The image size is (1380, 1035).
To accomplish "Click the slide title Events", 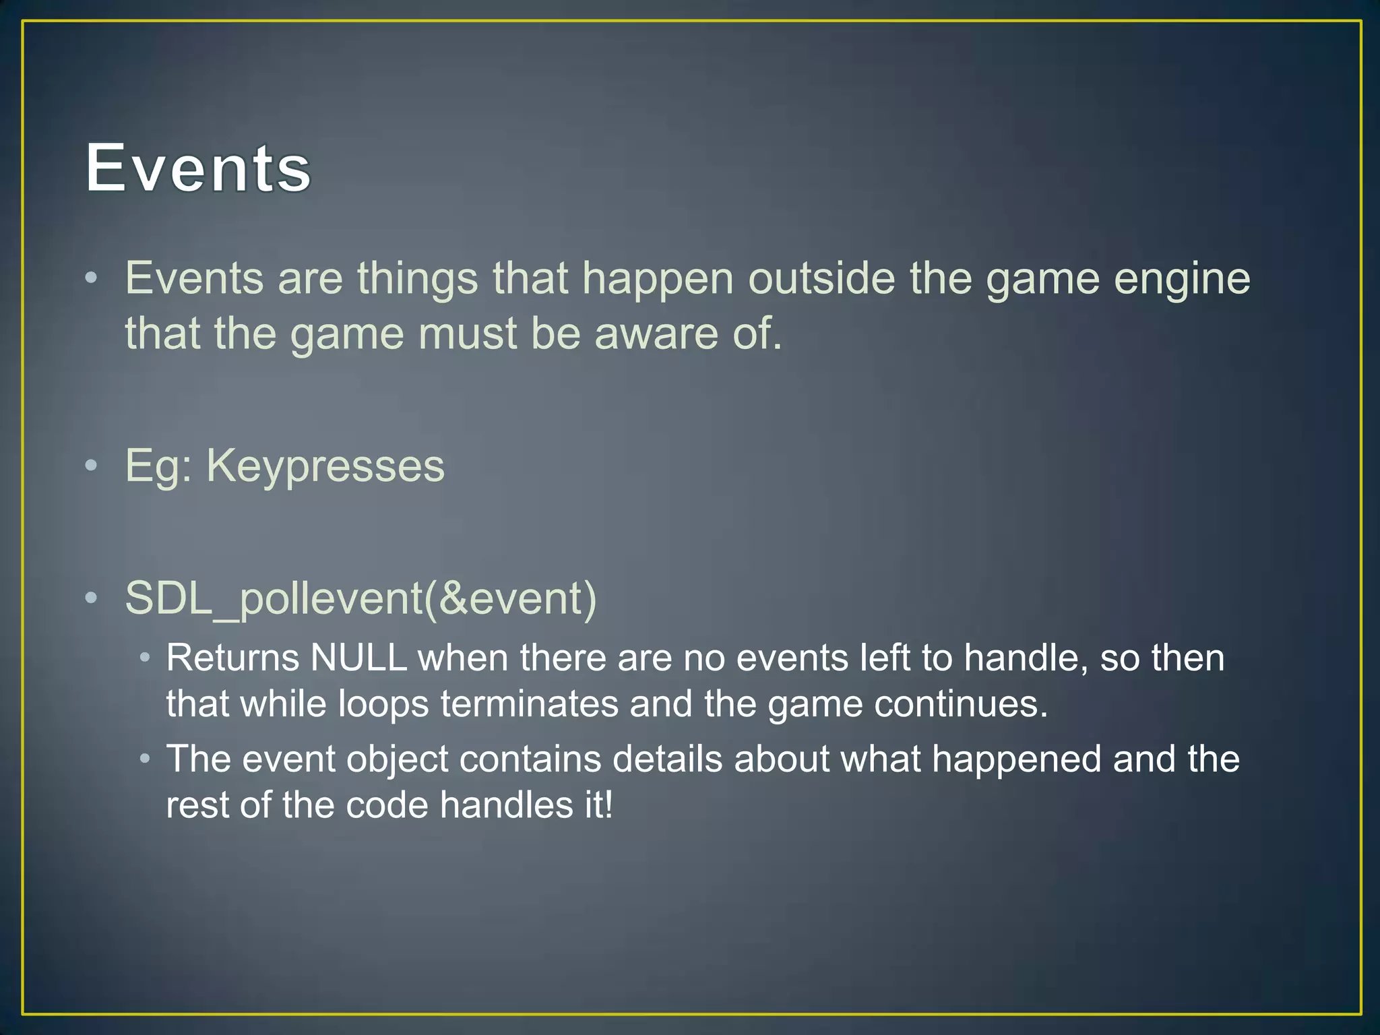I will coord(199,168).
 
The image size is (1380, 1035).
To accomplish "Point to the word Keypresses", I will coord(325,466).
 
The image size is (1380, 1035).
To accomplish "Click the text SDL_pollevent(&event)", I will coord(361,598).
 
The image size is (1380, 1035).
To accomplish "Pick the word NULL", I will coord(358,658).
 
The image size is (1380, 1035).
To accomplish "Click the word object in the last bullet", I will coord(397,759).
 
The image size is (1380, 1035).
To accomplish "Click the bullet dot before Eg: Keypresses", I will coord(92,466).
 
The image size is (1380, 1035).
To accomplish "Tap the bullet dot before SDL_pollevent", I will coord(92,598).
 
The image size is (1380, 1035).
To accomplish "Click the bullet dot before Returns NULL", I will coord(145,658).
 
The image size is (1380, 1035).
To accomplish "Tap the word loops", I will coord(383,704).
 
